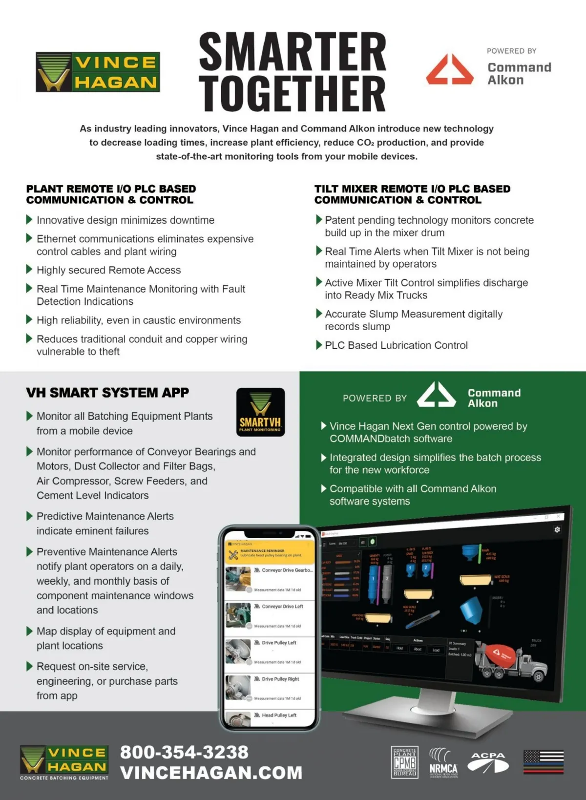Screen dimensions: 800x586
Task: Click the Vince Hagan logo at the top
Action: click(x=98, y=72)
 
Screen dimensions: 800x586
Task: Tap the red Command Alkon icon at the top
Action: click(x=449, y=70)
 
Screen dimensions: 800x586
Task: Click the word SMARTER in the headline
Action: click(x=293, y=51)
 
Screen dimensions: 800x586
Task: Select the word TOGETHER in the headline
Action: click(x=293, y=93)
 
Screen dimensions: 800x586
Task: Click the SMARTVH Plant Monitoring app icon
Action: click(x=260, y=412)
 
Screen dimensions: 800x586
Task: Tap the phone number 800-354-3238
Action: click(x=184, y=752)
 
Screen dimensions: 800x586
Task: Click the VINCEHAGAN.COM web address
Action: click(x=211, y=773)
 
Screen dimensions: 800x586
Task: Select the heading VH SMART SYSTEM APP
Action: click(x=107, y=393)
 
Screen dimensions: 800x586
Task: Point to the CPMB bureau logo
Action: click(x=404, y=762)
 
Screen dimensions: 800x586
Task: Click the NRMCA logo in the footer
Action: click(x=443, y=762)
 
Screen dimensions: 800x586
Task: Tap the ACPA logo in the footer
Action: click(x=488, y=762)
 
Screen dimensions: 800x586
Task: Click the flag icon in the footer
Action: click(x=544, y=762)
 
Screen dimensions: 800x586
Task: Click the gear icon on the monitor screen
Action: click(x=557, y=529)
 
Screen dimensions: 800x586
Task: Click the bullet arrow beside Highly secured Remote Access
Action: click(x=29, y=270)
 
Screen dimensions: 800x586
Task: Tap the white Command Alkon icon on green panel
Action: click(x=436, y=395)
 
